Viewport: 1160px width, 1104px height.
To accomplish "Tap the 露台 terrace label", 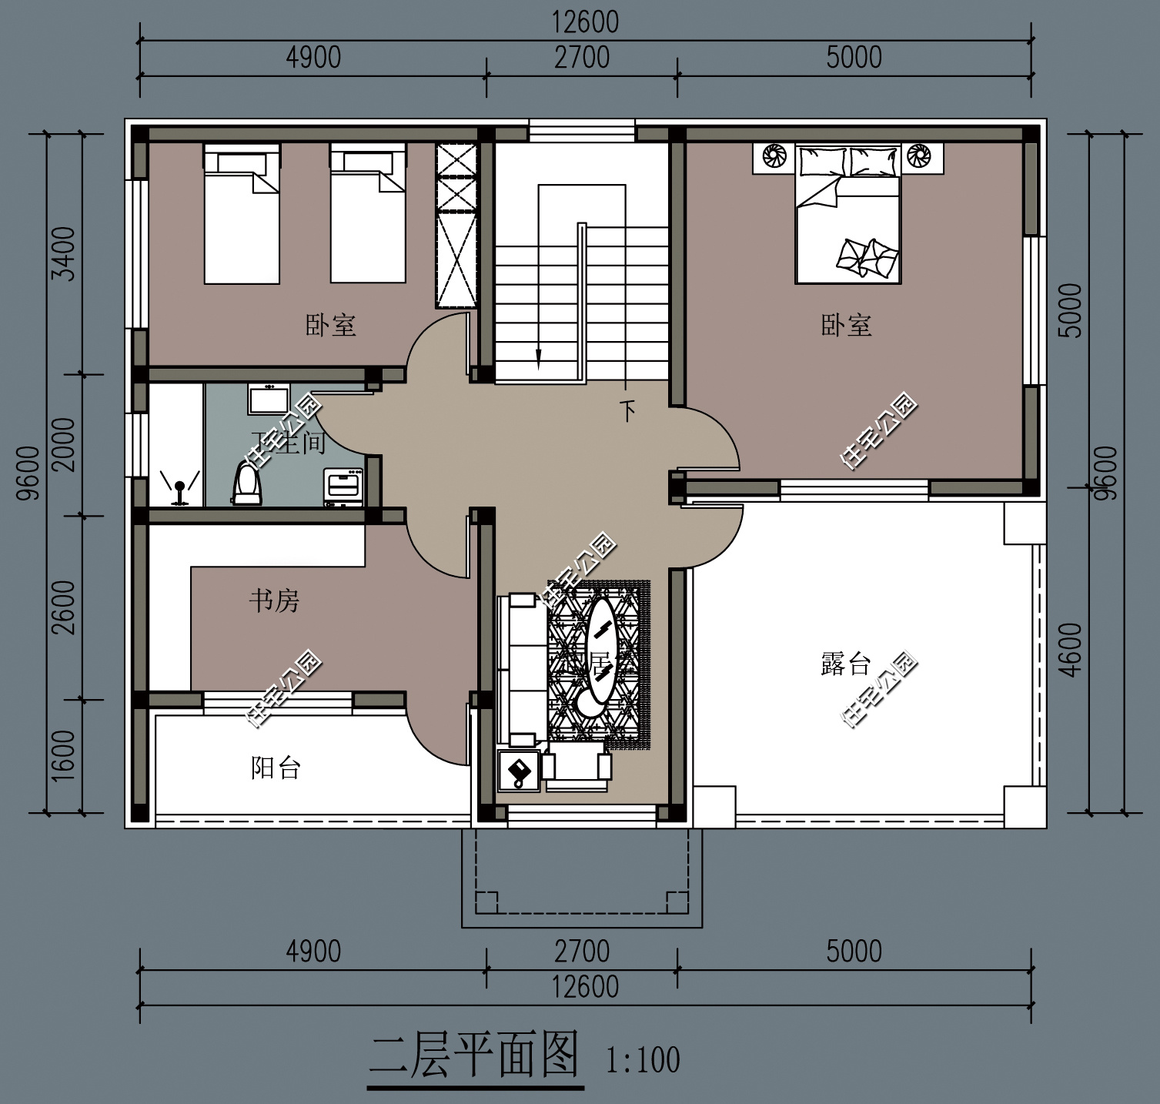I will click(x=845, y=663).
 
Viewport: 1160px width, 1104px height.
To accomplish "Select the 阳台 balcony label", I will click(x=276, y=768).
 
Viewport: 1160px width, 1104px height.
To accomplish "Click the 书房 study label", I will click(x=274, y=601).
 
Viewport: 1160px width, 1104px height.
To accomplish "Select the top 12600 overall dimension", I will click(x=585, y=22).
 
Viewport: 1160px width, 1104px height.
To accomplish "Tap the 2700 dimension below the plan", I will click(x=582, y=952).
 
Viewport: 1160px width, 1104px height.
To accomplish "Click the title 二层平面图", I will click(x=474, y=1055).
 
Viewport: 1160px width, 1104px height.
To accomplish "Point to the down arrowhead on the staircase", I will click(x=539, y=359).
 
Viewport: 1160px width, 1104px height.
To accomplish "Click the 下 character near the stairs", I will click(x=628, y=411).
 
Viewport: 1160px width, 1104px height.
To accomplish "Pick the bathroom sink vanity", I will click(x=268, y=399).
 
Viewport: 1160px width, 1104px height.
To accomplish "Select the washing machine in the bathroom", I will click(x=344, y=486).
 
